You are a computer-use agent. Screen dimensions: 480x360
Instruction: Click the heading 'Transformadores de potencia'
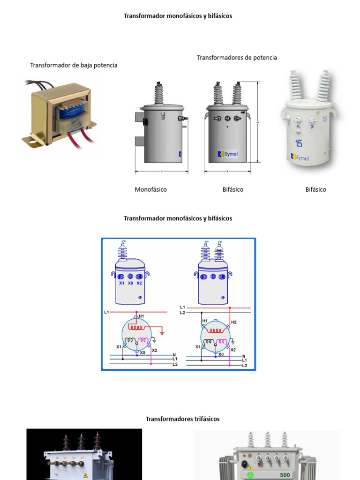[237, 58]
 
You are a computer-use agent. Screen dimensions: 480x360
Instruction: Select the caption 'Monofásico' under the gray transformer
[150, 189]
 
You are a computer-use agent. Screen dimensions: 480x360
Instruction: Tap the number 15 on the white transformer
[299, 143]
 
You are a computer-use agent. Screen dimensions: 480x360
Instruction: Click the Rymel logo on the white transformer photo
[300, 157]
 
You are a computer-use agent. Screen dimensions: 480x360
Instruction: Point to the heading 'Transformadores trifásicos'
[182, 419]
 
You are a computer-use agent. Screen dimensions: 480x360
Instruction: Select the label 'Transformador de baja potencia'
[74, 65]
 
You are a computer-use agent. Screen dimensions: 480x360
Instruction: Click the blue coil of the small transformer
[71, 112]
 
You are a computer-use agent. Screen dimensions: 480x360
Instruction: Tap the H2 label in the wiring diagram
[234, 322]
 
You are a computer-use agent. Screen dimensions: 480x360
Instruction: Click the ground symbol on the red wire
[162, 332]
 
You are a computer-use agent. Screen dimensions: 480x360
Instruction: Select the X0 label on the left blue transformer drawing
[131, 283]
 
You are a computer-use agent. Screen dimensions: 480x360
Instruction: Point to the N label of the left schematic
[174, 355]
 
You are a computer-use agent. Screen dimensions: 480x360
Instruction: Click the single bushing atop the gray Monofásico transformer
[159, 94]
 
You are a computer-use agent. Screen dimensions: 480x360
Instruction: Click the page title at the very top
[178, 16]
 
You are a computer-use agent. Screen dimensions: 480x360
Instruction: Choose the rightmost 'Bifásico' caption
[315, 189]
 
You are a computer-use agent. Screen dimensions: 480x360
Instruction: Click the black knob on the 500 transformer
[244, 465]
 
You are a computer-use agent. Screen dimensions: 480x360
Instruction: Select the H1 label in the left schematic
[142, 316]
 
